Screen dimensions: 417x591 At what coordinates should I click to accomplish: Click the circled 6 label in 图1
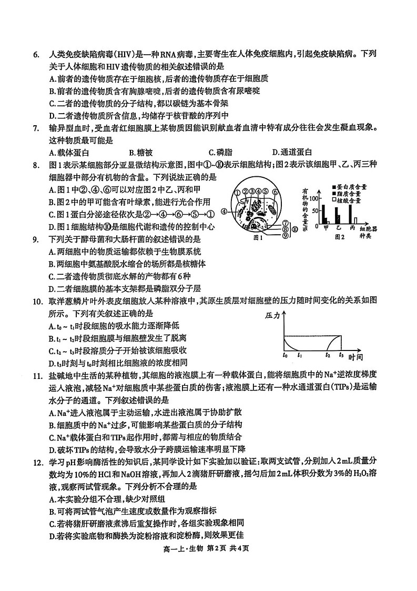pyautogui.click(x=274, y=193)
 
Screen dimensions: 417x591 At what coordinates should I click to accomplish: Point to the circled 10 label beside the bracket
pyautogui.click(x=296, y=230)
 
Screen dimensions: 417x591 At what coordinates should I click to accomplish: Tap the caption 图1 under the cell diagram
pyautogui.click(x=259, y=238)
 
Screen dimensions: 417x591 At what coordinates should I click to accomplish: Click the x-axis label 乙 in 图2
pyautogui.click(x=339, y=228)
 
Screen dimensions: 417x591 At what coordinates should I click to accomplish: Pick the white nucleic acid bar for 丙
pyautogui.click(x=355, y=221)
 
